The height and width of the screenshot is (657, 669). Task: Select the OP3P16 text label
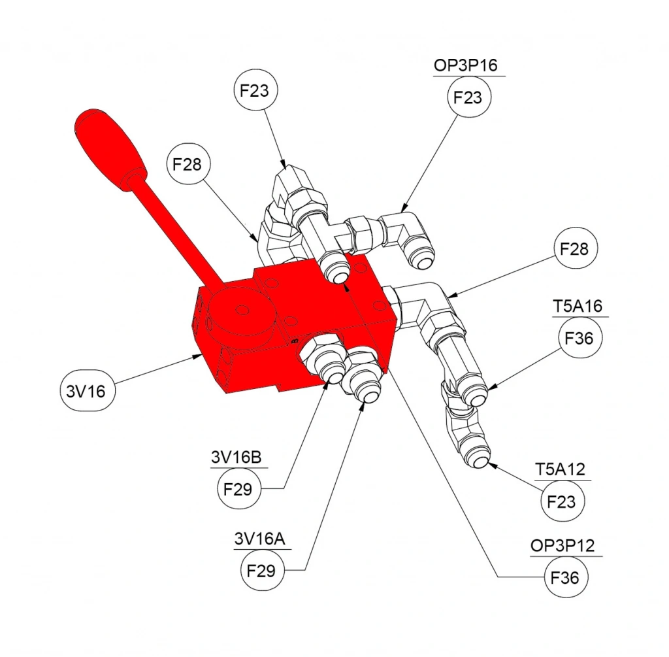click(465, 65)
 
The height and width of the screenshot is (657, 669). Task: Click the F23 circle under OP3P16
click(468, 97)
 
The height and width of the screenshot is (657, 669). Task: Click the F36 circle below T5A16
click(579, 338)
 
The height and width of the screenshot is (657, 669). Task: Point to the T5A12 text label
click(560, 469)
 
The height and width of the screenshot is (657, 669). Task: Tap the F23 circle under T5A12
click(561, 501)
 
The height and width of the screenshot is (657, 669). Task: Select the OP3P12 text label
click(563, 546)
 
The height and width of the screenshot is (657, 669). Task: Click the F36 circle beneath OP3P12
click(565, 578)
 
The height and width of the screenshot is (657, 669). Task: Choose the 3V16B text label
click(237, 457)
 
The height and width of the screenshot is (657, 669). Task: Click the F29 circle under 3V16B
click(238, 489)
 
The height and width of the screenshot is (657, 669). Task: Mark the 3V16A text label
click(260, 539)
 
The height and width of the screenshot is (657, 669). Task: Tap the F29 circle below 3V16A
click(261, 570)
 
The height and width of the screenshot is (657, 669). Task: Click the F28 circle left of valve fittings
click(187, 164)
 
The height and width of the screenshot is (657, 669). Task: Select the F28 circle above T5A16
click(575, 249)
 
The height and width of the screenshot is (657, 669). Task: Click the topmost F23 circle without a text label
click(255, 90)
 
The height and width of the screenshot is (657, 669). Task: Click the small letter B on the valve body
click(294, 341)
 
